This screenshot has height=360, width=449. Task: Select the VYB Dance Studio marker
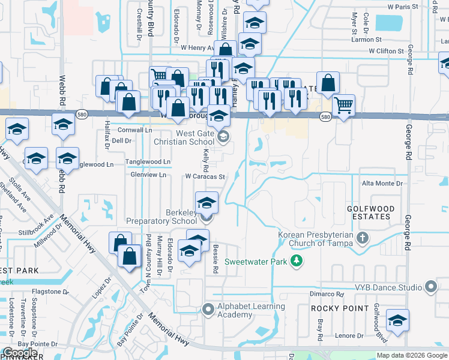pyautogui.click(x=430, y=287)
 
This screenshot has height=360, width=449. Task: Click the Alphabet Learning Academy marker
pyautogui.click(x=208, y=310)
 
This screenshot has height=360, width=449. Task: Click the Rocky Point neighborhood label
pyautogui.click(x=340, y=308)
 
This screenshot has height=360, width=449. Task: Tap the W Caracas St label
pyautogui.click(x=205, y=177)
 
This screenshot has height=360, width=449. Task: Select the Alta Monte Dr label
pyautogui.click(x=382, y=184)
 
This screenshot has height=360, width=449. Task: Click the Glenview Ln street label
pyautogui.click(x=148, y=175)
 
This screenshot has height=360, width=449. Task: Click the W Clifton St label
pyautogui.click(x=386, y=51)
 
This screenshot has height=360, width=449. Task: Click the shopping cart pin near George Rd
pyautogui.click(x=343, y=106)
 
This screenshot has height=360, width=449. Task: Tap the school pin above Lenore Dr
pyautogui.click(x=397, y=320)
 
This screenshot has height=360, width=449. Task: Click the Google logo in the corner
pyautogui.click(x=20, y=353)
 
